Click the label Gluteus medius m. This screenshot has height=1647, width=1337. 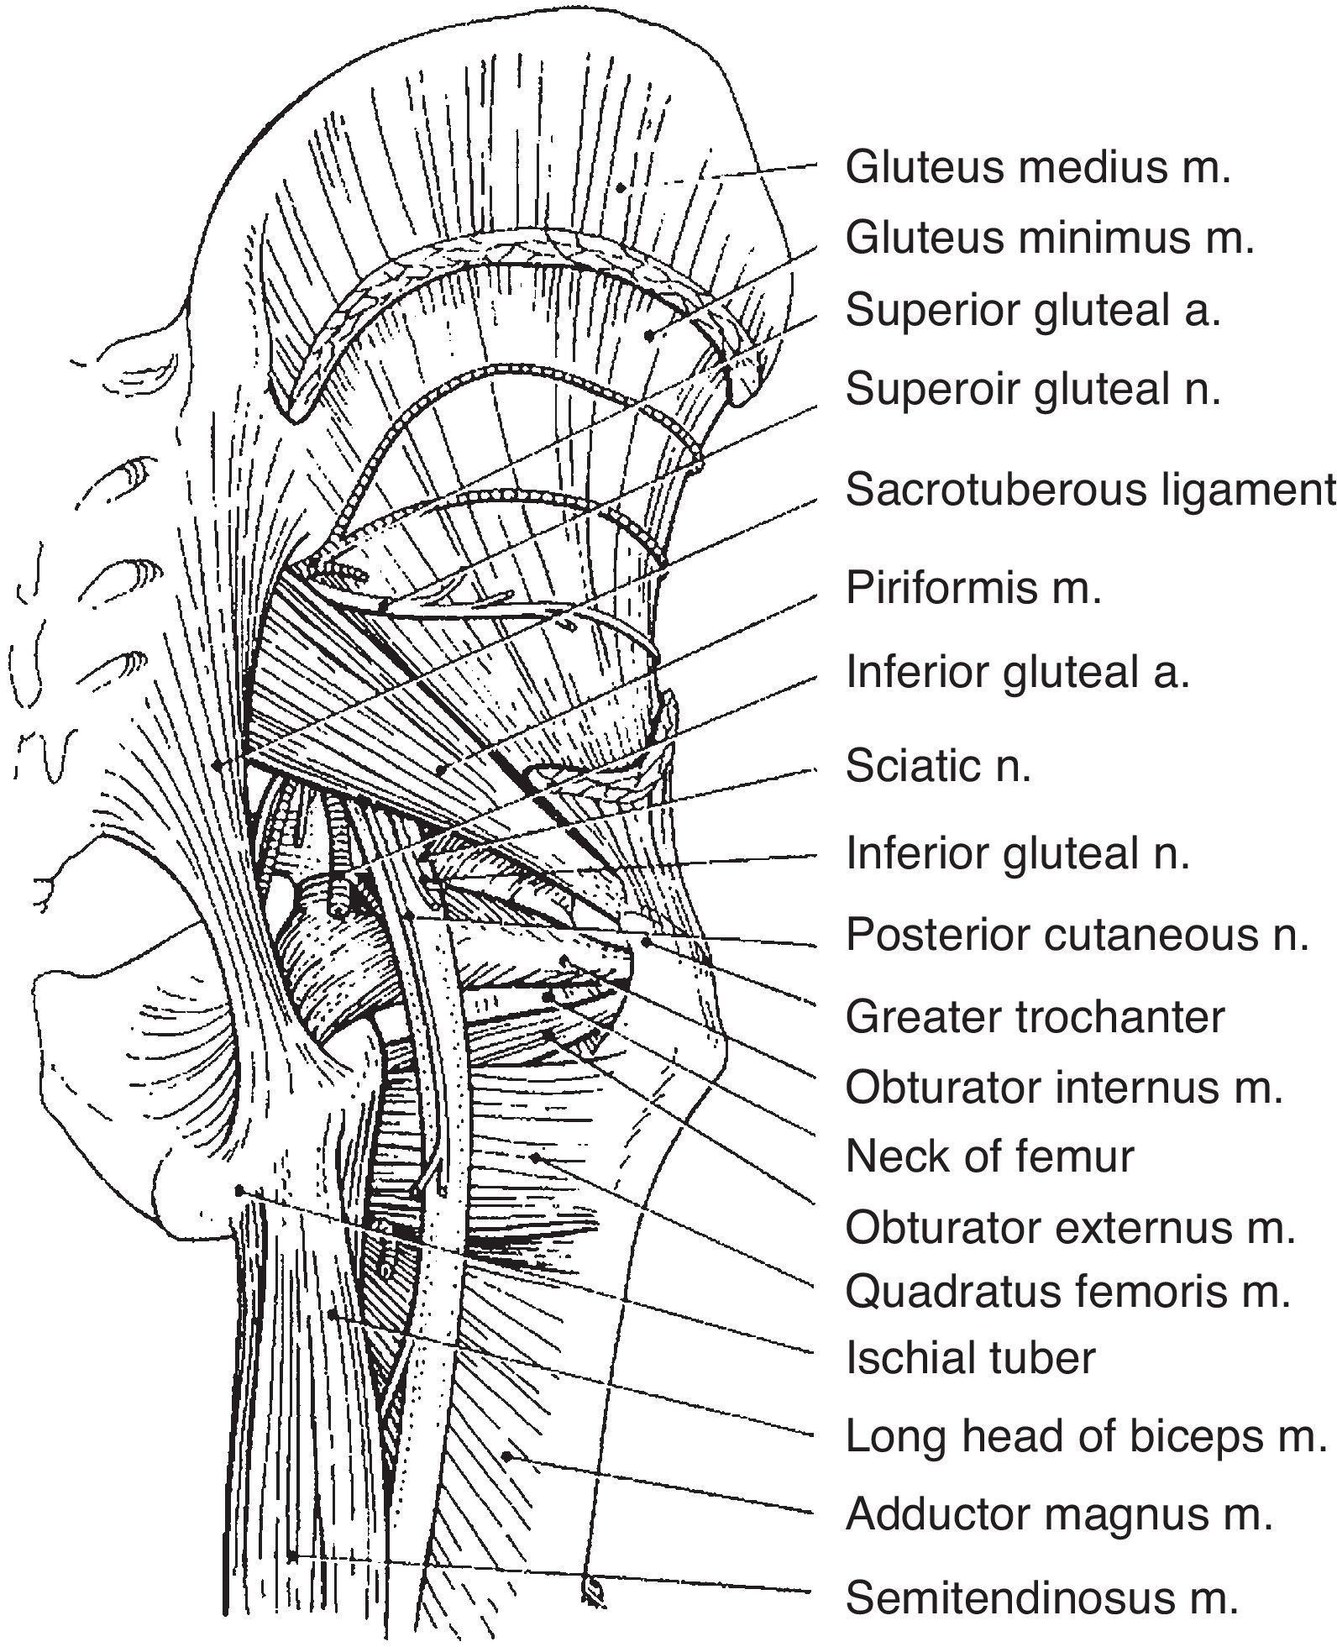1037,167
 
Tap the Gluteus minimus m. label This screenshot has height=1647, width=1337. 1049,239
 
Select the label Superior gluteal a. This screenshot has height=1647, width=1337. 1032,310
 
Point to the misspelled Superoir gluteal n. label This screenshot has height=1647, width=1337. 1032,389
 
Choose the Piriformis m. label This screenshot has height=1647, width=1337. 973,587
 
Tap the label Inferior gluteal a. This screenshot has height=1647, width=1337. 1017,672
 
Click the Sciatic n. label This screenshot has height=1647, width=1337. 937,765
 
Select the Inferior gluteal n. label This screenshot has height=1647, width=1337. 1017,853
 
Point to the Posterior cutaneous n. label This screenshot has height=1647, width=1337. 1077,934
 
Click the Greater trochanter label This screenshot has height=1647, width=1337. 1035,1017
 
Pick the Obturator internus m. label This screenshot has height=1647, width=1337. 1064,1088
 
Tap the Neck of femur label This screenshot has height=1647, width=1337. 989,1156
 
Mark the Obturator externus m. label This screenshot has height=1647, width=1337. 1070,1228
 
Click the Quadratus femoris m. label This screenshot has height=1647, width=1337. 1067,1292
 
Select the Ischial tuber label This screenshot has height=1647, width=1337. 970,1358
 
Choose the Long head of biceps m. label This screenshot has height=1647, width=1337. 1084,1436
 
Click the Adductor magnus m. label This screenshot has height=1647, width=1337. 1058,1514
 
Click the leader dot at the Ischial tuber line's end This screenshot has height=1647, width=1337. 239,1190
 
